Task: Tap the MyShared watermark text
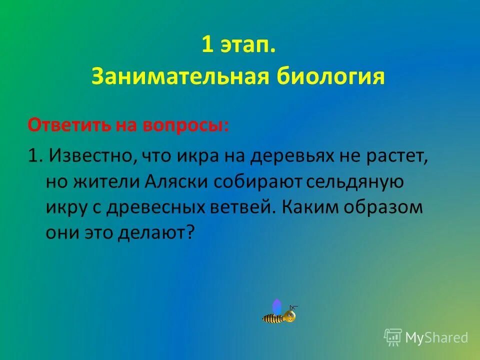click(436, 338)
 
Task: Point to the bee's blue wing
click(276, 306)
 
